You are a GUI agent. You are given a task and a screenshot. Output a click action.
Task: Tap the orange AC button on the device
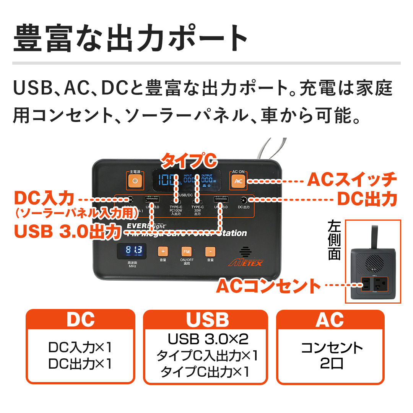coord(238,181)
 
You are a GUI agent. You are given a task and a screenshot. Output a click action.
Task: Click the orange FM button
coord(186,252)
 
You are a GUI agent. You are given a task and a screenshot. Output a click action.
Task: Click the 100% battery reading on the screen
coord(167,179)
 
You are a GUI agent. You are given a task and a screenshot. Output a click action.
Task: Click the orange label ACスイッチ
coord(352,180)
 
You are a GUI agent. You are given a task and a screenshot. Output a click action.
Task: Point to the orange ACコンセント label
coord(268,286)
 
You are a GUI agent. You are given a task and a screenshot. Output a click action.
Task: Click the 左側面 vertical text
coord(334,241)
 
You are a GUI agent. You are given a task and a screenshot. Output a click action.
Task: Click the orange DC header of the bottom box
coord(80,320)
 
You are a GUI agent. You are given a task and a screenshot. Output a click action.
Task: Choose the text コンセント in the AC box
coord(332,348)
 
